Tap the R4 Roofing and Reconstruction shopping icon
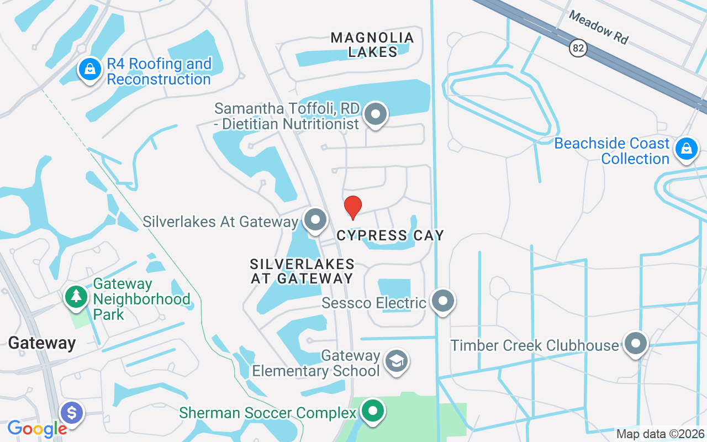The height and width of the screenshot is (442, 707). click(89, 70)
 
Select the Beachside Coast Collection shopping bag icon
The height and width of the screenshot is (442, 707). click(686, 149)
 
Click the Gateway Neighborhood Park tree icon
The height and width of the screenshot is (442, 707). click(76, 297)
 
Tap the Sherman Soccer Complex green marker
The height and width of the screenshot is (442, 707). click(373, 411)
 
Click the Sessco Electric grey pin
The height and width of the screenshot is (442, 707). click(443, 301)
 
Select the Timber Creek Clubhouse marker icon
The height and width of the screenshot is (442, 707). click(635, 343)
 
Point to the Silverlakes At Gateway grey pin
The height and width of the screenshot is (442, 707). click(315, 220)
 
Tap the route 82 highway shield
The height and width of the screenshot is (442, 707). click(578, 49)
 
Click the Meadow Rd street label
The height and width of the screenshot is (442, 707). click(599, 28)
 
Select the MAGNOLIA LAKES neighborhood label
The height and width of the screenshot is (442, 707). click(372, 45)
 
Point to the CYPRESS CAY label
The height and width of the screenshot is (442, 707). click(391, 236)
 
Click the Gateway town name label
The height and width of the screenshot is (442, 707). click(41, 343)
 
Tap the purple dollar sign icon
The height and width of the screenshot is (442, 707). click(72, 412)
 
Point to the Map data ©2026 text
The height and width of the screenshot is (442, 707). click(660, 434)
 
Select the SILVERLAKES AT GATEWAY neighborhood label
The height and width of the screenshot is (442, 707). click(302, 271)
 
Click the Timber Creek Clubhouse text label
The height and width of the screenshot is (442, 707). click(535, 346)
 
